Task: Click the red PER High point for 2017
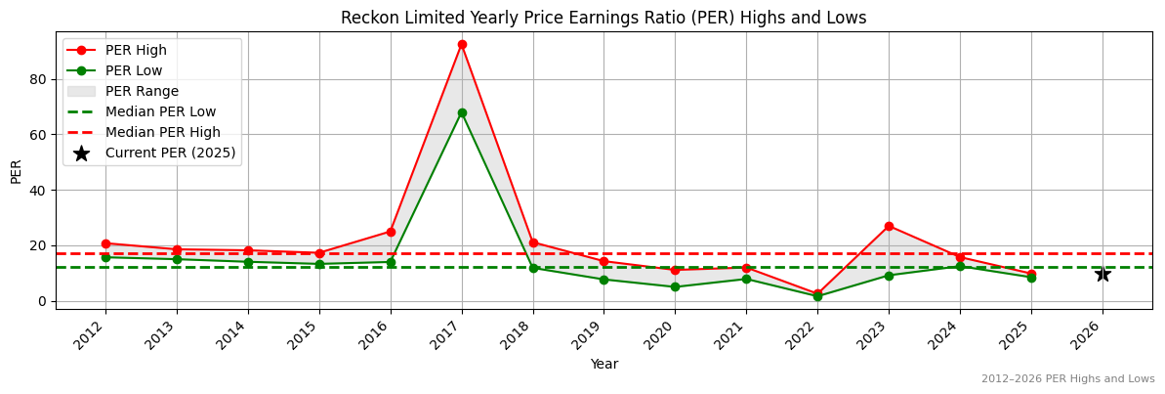coord(462,44)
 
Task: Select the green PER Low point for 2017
coord(462,112)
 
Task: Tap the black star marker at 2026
coord(1103,274)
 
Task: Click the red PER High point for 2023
coord(889,226)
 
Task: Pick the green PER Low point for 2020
coord(675,286)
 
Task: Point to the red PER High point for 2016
coord(391,232)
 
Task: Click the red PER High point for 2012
coord(105,243)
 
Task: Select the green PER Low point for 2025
coord(1031,278)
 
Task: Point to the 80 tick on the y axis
coord(41,79)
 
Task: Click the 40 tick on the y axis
coord(41,190)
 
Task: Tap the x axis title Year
coord(603,364)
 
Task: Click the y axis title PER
coord(16,171)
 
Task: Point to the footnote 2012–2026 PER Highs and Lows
coord(1067,379)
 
